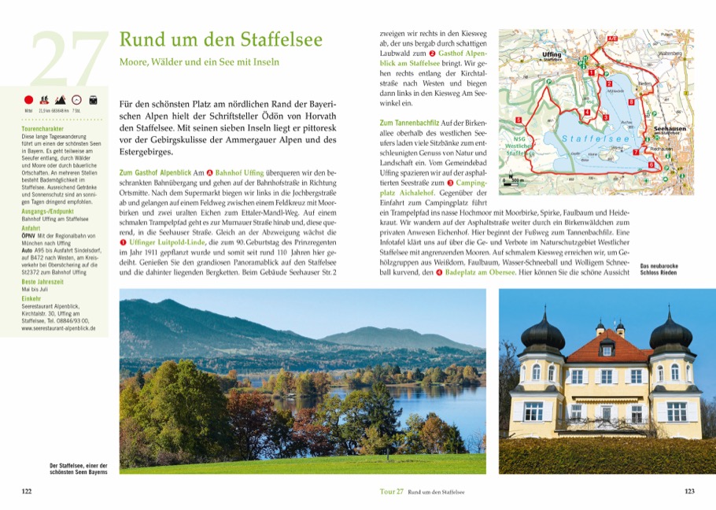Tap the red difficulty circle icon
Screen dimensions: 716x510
(29, 101)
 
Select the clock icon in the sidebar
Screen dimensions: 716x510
(76, 101)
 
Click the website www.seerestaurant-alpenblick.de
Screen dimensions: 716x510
(59, 328)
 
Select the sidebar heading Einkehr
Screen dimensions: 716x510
(32, 299)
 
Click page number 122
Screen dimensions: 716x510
(26, 492)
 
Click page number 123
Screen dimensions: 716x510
(689, 492)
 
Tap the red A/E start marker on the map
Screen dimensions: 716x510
(612, 37)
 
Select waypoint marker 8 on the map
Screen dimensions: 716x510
(631, 102)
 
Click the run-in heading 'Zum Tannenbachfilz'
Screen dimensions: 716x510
(408, 124)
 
